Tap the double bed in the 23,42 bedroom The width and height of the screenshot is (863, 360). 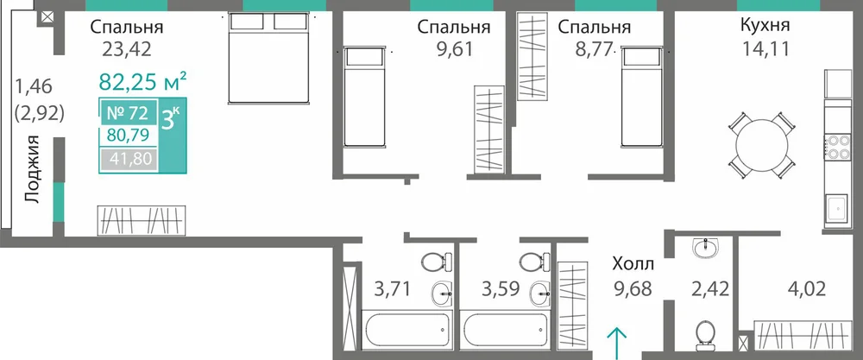(269, 58)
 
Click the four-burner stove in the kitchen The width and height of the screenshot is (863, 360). (835, 147)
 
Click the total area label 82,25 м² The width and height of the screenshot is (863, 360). (143, 82)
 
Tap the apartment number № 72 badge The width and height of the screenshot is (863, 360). (127, 114)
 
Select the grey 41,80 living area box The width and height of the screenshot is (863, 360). (129, 160)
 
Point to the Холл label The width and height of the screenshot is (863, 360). (633, 265)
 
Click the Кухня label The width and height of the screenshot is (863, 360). (765, 25)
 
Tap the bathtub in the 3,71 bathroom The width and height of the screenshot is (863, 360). (407, 328)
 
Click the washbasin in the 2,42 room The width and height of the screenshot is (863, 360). (706, 249)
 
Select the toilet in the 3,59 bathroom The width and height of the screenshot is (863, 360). (534, 262)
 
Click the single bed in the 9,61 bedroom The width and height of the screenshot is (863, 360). (363, 97)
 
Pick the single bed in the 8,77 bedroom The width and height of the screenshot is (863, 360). (641, 97)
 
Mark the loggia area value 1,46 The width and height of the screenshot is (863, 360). (34, 86)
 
